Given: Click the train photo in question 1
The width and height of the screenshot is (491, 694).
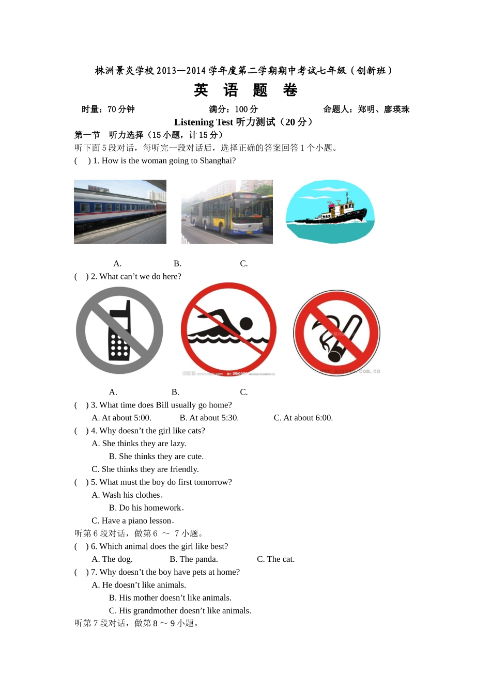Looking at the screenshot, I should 120,212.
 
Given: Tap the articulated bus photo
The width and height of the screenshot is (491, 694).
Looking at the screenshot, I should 227,212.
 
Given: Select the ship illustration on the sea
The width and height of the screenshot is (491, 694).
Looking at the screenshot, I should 330,212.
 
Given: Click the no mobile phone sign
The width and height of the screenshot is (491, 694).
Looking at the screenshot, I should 119,330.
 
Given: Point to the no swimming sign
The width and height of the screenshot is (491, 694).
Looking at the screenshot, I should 228,329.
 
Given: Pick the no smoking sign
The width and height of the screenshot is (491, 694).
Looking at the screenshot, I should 336,333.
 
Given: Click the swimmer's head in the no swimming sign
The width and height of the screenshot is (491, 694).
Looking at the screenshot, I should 247,324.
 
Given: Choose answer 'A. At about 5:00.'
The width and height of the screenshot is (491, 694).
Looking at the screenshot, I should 121,418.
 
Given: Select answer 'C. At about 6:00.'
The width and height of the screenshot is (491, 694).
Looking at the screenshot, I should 303,418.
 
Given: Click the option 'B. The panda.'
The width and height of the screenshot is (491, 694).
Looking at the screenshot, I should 194,559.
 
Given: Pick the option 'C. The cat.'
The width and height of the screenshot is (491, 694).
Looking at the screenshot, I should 276,559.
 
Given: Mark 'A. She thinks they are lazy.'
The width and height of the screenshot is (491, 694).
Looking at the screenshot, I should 139,444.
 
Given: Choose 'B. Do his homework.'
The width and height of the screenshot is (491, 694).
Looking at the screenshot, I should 146,508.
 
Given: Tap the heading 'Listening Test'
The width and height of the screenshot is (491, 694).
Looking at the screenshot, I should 204,122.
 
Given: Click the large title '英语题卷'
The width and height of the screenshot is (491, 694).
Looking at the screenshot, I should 245,90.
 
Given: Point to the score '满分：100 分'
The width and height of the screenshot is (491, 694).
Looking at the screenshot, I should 233,109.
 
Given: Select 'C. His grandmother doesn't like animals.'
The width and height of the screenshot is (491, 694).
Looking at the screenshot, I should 180,611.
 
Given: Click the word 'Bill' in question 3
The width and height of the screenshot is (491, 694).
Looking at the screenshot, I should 162,405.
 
